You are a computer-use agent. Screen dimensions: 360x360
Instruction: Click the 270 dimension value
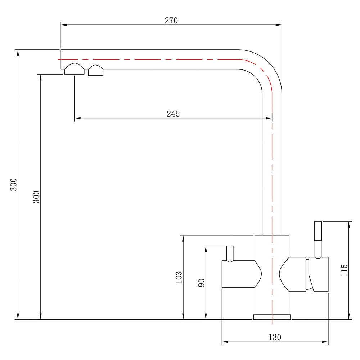[171, 21]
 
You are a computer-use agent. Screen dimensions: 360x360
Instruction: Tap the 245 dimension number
[173, 114]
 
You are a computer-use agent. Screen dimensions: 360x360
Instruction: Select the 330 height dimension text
[14, 184]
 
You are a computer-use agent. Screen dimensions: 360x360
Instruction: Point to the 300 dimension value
[36, 197]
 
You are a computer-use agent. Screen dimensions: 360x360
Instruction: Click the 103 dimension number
[179, 277]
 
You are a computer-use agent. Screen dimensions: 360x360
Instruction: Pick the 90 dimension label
[201, 283]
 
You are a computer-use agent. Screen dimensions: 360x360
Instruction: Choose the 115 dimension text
[344, 270]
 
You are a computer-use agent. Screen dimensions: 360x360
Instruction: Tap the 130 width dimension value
[275, 337]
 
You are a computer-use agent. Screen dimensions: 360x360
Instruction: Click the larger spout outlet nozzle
[75, 69]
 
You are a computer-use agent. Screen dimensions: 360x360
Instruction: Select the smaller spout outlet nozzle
[96, 70]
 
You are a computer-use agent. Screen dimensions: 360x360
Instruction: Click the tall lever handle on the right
[318, 240]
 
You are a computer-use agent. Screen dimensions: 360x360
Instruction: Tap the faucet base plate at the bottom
[272, 317]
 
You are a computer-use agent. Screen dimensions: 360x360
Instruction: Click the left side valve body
[242, 274]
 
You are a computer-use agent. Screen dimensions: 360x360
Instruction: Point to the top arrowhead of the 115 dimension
[349, 225]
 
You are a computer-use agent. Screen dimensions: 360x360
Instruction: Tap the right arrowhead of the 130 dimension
[325, 342]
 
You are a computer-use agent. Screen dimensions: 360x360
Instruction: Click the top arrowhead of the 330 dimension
[18, 53]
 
